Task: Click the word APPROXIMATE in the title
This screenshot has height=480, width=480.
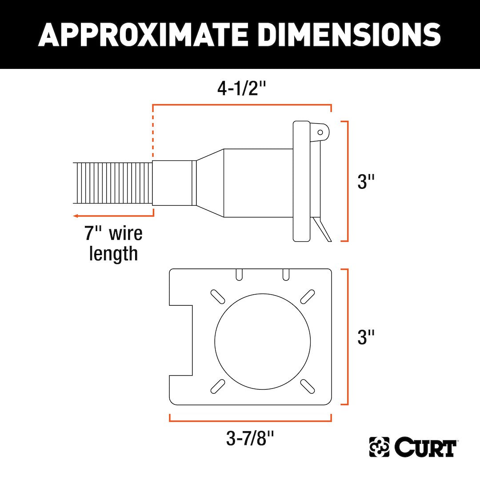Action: pos(144,34)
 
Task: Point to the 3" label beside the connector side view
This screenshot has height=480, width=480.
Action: pos(367,181)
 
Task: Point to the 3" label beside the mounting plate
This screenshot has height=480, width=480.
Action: pos(367,337)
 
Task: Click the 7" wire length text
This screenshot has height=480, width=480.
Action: pos(113,244)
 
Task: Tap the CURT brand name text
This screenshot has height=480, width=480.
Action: pos(424,448)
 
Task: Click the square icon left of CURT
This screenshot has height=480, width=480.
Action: pos(379,448)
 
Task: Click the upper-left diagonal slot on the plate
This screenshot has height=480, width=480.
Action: pos(217,296)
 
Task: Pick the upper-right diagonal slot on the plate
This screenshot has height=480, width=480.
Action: pos(308,296)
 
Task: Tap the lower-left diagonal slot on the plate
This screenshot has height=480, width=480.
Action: pos(217,385)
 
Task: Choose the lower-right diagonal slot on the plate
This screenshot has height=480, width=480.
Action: pos(308,385)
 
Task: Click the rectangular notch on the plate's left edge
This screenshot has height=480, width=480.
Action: pos(181,340)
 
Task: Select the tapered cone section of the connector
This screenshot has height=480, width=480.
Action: pos(210,183)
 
